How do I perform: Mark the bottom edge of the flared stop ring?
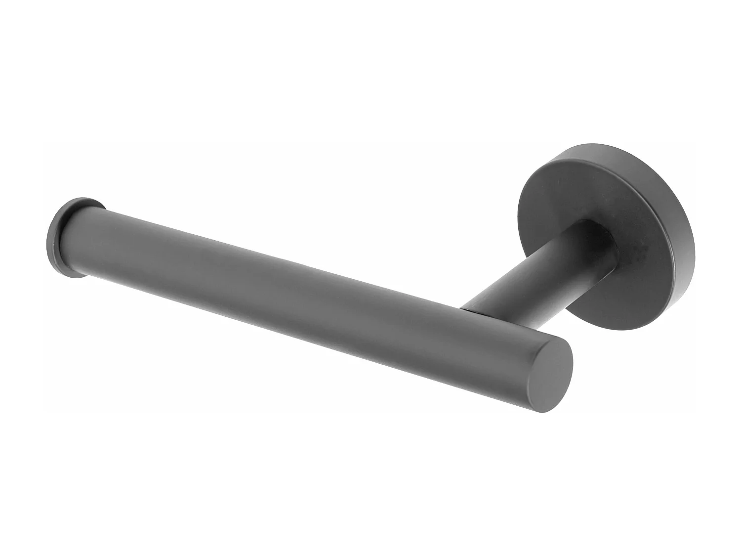pyautogui.click(x=74, y=277)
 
